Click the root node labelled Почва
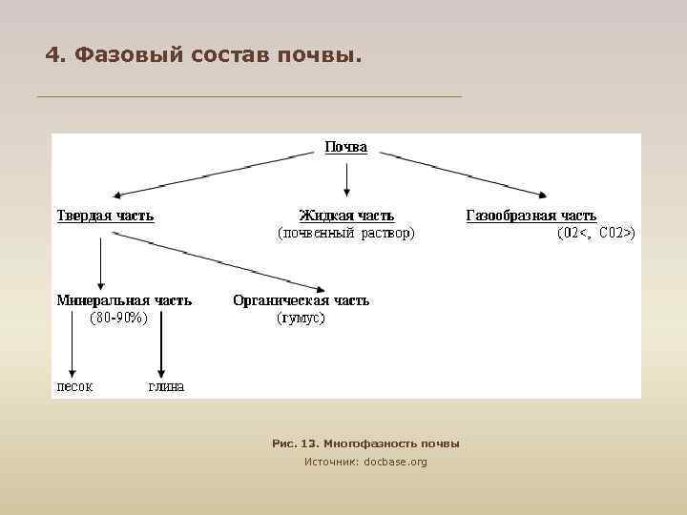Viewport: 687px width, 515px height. click(x=345, y=148)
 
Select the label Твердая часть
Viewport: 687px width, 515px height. click(x=105, y=216)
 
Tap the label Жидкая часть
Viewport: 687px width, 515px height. click(x=345, y=216)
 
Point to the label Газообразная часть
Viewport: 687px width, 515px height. click(x=531, y=216)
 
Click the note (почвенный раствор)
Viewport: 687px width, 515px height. click(x=345, y=232)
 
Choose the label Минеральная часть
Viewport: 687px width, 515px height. click(x=124, y=300)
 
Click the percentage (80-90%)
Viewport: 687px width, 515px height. click(x=118, y=318)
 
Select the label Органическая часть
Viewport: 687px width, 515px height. click(x=301, y=300)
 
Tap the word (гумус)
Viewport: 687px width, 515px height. click(x=301, y=318)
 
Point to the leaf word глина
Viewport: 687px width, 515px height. click(x=165, y=386)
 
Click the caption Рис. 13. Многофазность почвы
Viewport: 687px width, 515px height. click(x=365, y=443)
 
